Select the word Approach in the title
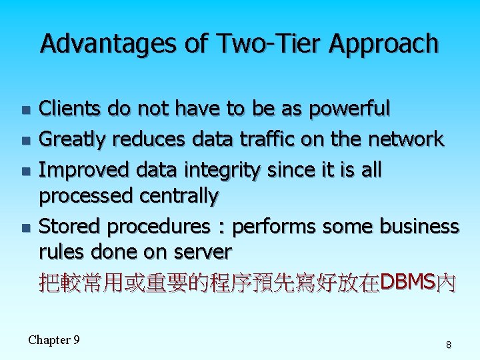point(383,44)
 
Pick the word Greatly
point(73,139)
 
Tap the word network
point(404,139)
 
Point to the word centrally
point(179,196)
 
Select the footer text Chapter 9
point(54,340)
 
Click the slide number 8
point(449,345)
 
